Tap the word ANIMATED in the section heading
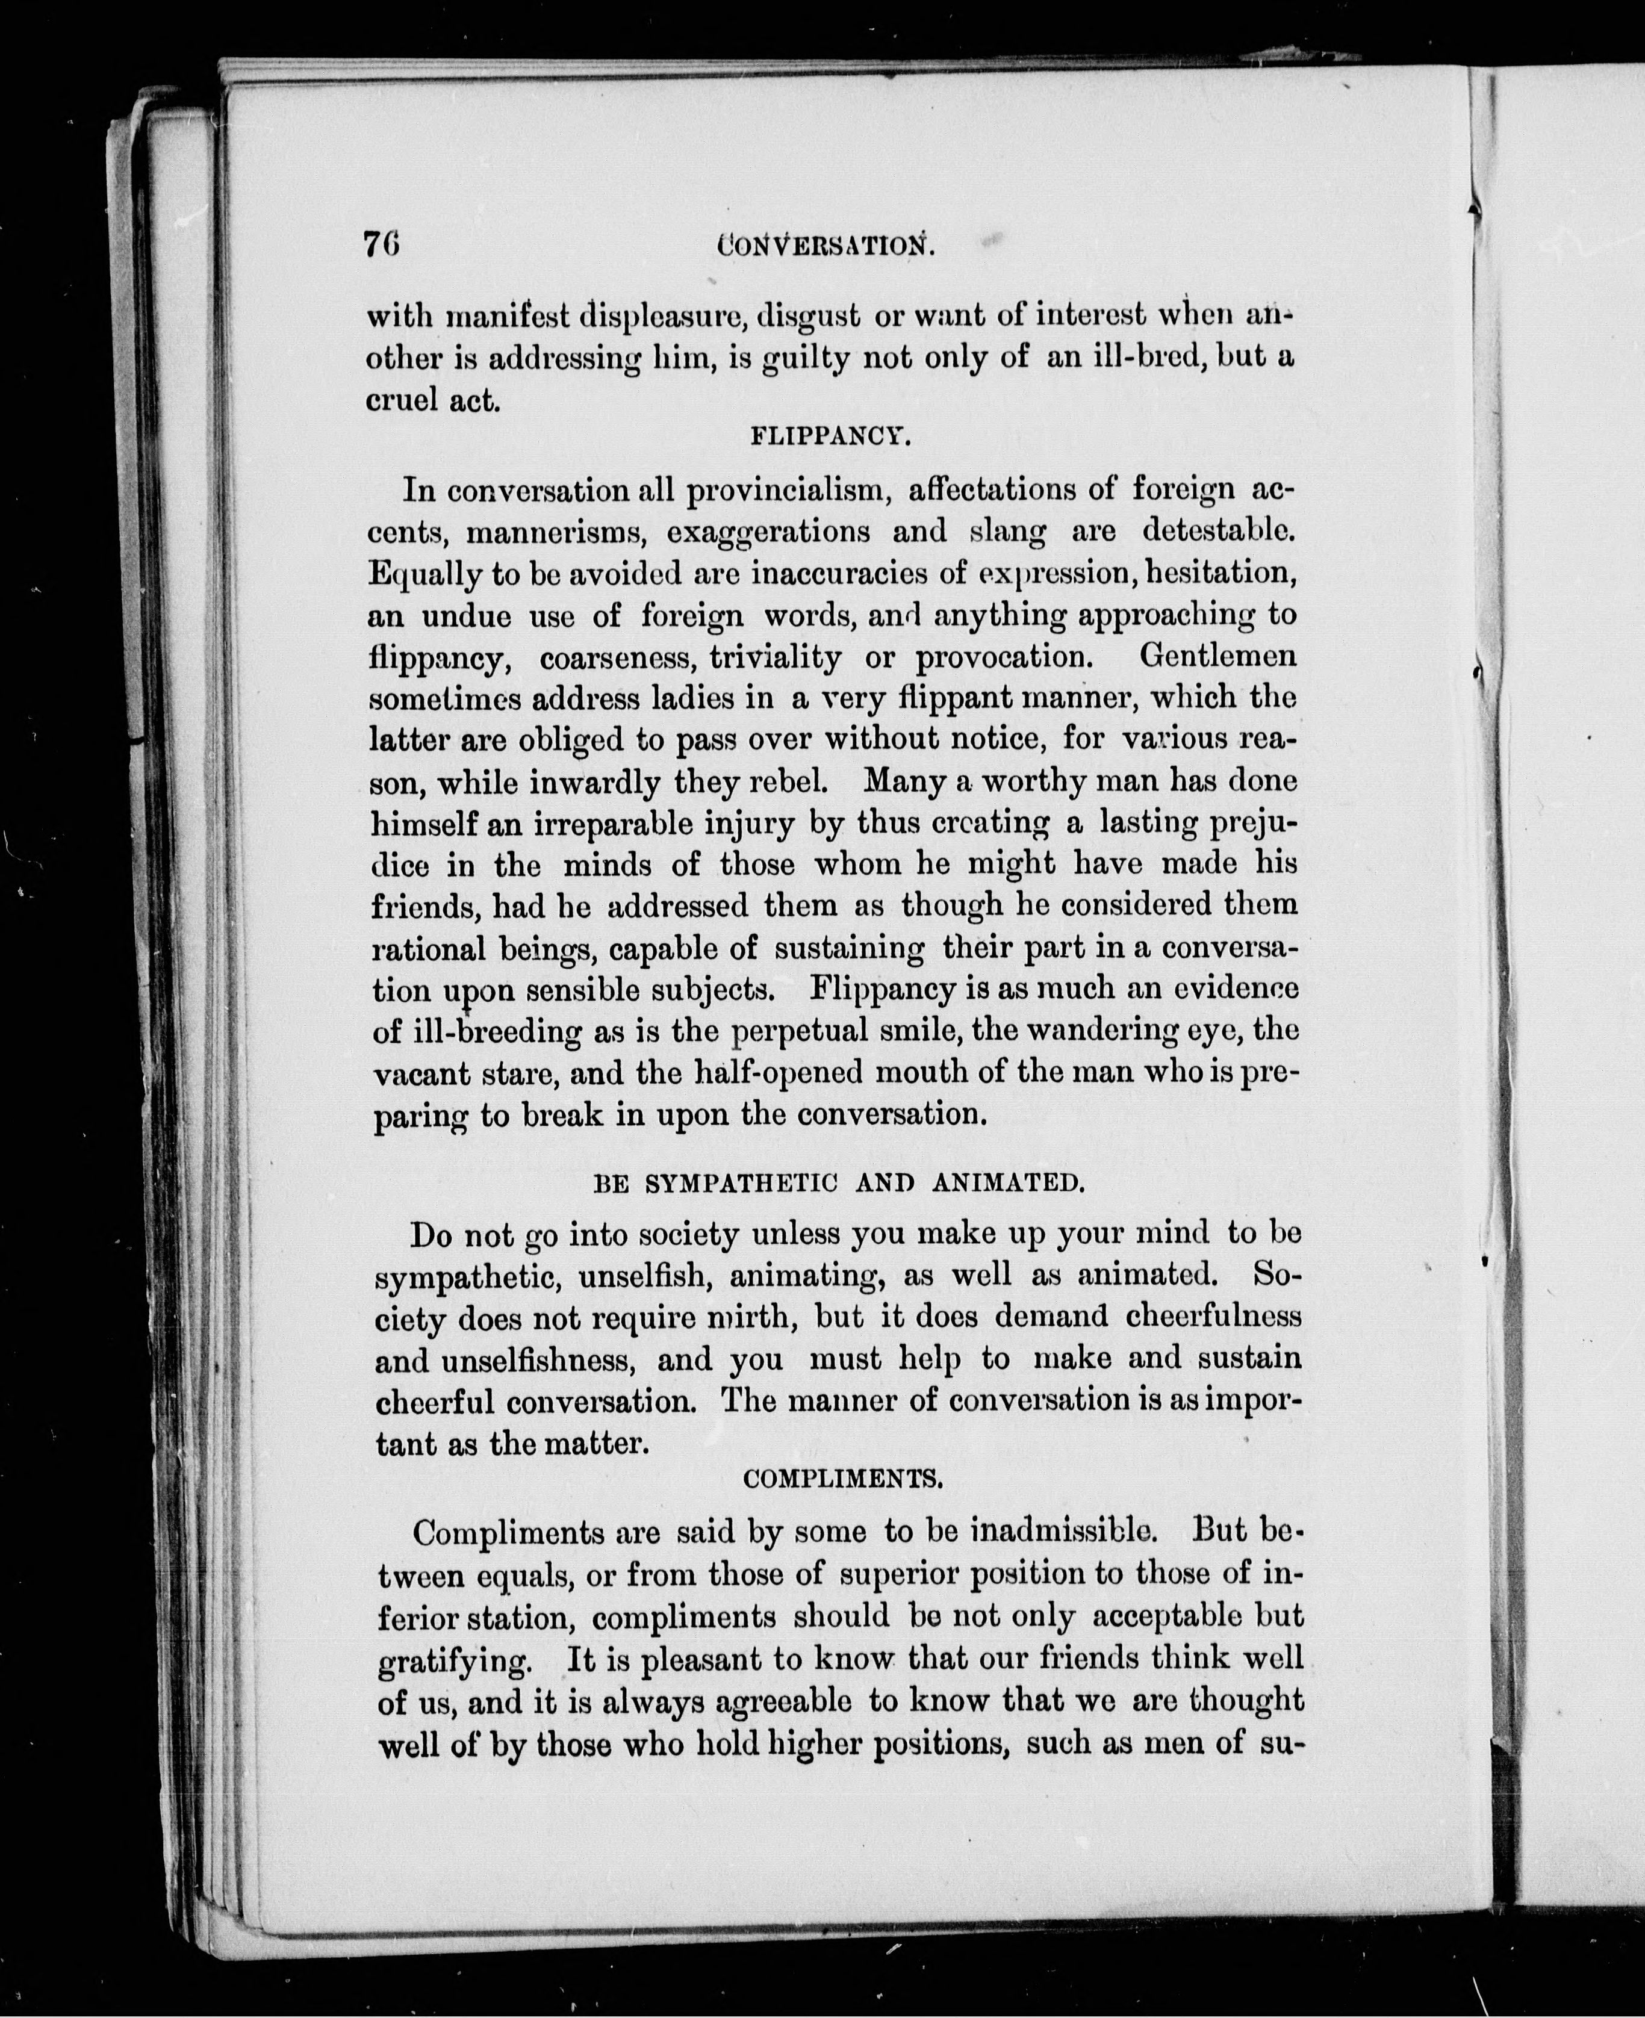coord(1006,1184)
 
